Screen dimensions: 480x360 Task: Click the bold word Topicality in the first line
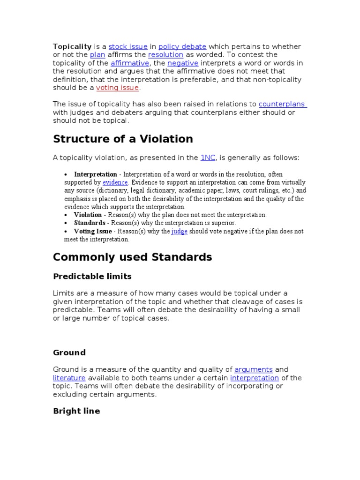[x=72, y=46]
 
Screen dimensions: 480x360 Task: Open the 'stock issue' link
[x=128, y=46]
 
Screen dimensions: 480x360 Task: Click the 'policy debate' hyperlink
[x=182, y=46]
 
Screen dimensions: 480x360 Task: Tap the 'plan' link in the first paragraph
[x=97, y=55]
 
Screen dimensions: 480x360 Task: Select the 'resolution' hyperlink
[x=165, y=55]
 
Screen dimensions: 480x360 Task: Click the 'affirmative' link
[x=130, y=63]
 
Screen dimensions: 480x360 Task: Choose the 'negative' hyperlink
[x=183, y=63]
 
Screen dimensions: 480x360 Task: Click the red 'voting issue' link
[x=117, y=88]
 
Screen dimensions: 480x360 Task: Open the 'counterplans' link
[x=282, y=104]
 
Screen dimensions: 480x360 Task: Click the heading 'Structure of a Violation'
[x=123, y=139]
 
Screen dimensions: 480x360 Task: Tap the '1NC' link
[x=208, y=158]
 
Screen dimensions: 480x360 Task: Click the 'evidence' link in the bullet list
[x=115, y=182]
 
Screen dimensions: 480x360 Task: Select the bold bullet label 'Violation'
[x=88, y=215]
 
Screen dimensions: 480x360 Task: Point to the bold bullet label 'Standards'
[x=90, y=223]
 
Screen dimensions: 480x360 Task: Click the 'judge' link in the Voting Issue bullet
[x=180, y=231]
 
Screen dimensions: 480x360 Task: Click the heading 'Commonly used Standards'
[x=132, y=257]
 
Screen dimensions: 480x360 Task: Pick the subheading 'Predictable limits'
[x=92, y=276]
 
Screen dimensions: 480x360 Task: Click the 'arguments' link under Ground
[x=253, y=369]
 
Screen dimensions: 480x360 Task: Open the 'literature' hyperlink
[x=69, y=378]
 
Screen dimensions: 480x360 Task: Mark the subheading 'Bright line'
[x=76, y=411]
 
